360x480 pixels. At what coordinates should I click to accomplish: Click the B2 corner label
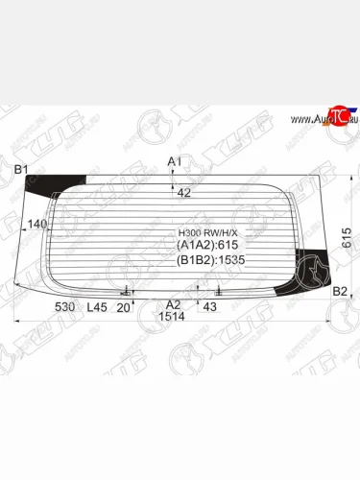pyautogui.click(x=339, y=291)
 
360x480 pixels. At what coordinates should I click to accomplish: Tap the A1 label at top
pyautogui.click(x=174, y=160)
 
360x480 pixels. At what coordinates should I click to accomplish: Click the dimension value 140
pyautogui.click(x=37, y=224)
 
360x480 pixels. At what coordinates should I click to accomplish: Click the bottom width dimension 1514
pyautogui.click(x=173, y=317)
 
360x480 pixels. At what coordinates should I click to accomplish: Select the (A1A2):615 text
pyautogui.click(x=205, y=246)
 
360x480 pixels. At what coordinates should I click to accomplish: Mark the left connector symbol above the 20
pyautogui.click(x=127, y=291)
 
